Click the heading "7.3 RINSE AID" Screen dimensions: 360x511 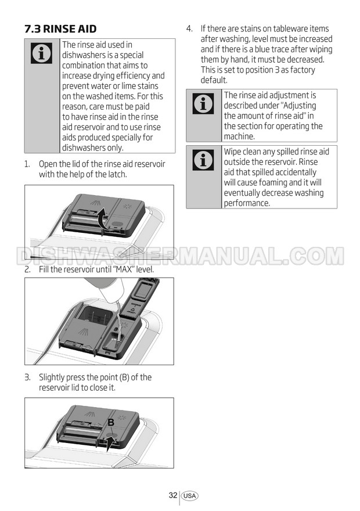click(60, 28)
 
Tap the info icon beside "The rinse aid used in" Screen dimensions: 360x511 click(42, 53)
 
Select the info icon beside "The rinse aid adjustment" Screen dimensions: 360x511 click(203, 103)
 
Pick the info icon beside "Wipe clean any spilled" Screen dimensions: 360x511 click(203, 160)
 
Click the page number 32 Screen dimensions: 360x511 click(173, 495)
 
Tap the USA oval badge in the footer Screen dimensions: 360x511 click(190, 496)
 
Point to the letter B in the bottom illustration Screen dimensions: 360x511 click(111, 422)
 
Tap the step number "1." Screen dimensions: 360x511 click(27, 164)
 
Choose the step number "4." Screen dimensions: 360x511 click(189, 28)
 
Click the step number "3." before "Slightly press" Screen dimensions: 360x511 click(28, 377)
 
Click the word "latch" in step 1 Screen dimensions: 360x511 click(116, 174)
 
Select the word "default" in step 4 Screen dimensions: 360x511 click(213, 80)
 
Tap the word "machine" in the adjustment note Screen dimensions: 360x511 click(238, 136)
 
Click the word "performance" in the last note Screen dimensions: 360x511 click(246, 203)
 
